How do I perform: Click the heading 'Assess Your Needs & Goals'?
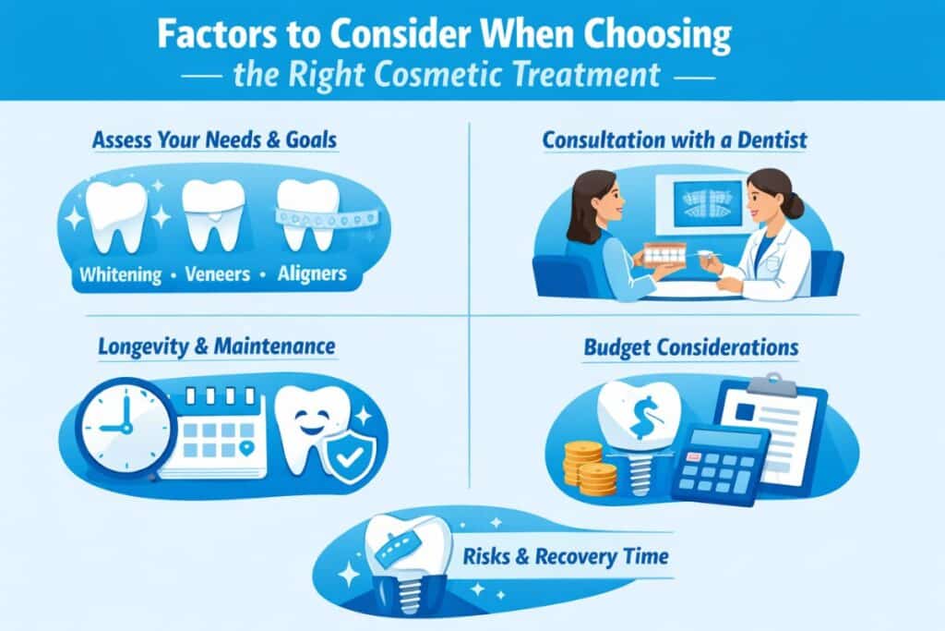(214, 141)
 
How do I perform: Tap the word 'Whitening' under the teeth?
(120, 274)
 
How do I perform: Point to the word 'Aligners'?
(314, 274)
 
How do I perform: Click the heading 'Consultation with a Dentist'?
(675, 140)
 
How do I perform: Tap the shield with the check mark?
(352, 454)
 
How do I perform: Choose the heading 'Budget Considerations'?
(690, 348)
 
